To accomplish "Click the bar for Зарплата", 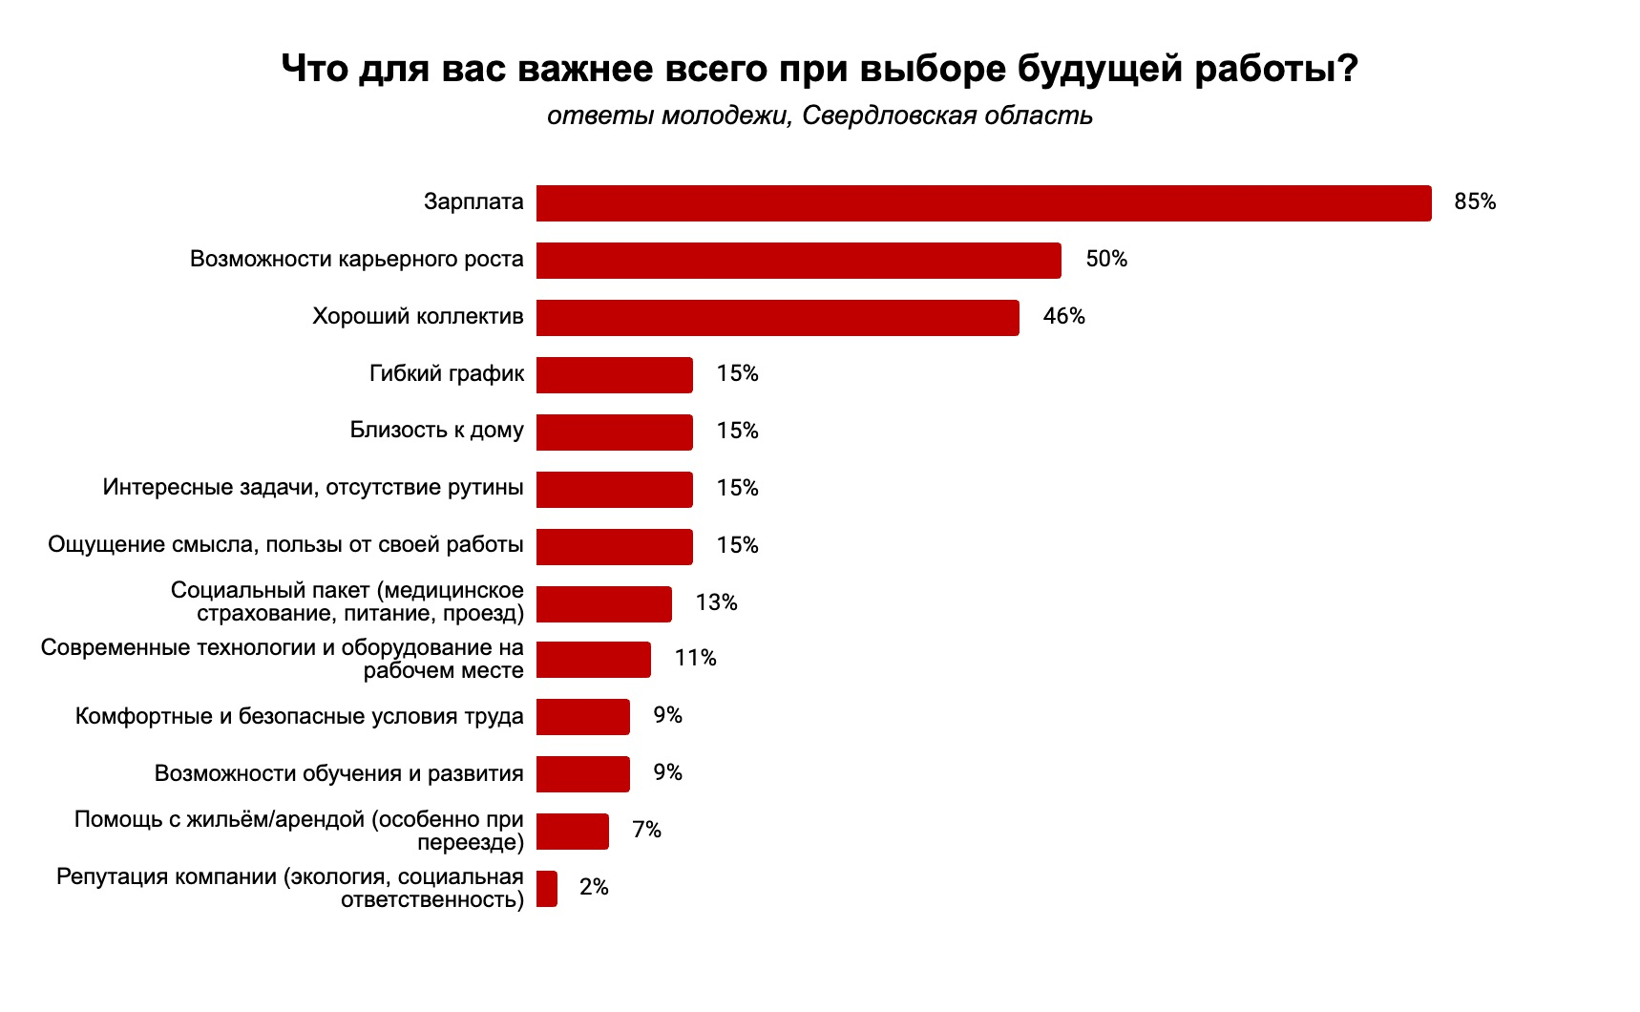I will click(x=983, y=203).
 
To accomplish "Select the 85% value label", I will click(x=1475, y=202).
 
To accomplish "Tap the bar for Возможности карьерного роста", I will click(x=798, y=261).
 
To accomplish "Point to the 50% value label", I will click(x=1106, y=260).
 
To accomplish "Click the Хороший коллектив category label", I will click(x=417, y=317).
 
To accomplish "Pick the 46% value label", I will click(x=1064, y=317).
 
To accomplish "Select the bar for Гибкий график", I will click(x=614, y=375).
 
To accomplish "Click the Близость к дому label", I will click(x=436, y=431).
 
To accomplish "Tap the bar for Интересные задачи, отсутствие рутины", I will click(x=614, y=490).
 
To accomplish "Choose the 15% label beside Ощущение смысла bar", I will click(x=737, y=546).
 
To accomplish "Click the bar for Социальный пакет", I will click(x=603, y=604).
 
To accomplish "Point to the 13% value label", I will click(x=716, y=603).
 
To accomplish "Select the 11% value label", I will click(x=695, y=659).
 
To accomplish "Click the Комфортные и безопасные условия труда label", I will click(x=299, y=717).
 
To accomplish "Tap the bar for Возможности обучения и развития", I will click(x=582, y=774).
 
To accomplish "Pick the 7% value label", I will click(x=646, y=831).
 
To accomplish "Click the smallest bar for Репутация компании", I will click(x=546, y=889).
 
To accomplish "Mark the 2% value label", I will click(x=594, y=888).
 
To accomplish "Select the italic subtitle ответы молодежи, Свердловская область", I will click(x=819, y=116).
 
